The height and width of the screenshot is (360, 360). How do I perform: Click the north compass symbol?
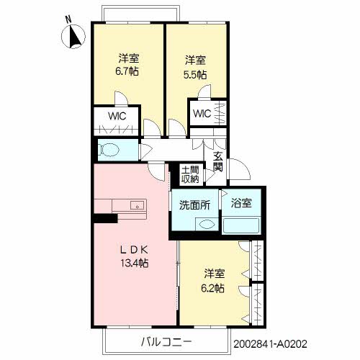(x=73, y=37)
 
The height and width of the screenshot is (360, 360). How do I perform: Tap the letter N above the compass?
(x=69, y=19)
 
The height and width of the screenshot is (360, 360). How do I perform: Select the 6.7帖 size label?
(x=127, y=71)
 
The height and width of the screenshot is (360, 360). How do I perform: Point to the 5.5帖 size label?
(x=195, y=75)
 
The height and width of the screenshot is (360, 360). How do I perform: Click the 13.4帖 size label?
(x=135, y=264)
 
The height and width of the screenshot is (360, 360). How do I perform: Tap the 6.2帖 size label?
(x=213, y=288)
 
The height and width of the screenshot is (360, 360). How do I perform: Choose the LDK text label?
(x=134, y=251)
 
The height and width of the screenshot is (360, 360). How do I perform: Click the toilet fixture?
(x=109, y=150)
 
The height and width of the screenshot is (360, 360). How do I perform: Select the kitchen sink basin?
(x=137, y=205)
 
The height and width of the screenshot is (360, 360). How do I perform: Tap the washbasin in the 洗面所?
(x=207, y=225)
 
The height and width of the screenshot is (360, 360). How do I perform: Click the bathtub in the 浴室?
(x=241, y=225)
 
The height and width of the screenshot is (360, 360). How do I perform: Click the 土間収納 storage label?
(x=190, y=174)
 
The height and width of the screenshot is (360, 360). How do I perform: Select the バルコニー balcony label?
(x=166, y=342)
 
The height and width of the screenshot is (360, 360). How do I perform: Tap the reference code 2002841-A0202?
(x=270, y=344)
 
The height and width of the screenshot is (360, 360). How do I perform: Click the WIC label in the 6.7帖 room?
(x=117, y=116)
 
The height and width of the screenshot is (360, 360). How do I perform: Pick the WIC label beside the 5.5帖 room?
(x=202, y=113)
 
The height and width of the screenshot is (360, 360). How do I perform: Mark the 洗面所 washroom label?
(x=194, y=205)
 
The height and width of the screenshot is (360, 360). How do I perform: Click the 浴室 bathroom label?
(x=241, y=203)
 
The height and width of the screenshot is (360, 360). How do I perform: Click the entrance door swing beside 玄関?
(x=240, y=168)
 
